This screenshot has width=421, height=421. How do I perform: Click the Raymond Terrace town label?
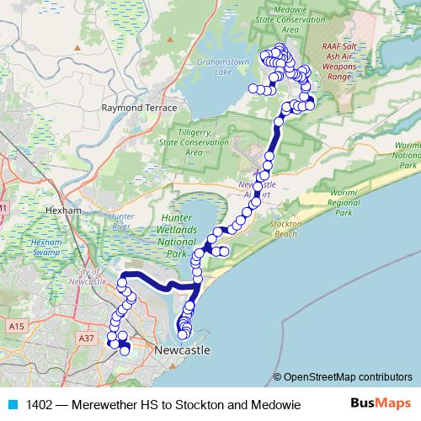click(139, 109)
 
